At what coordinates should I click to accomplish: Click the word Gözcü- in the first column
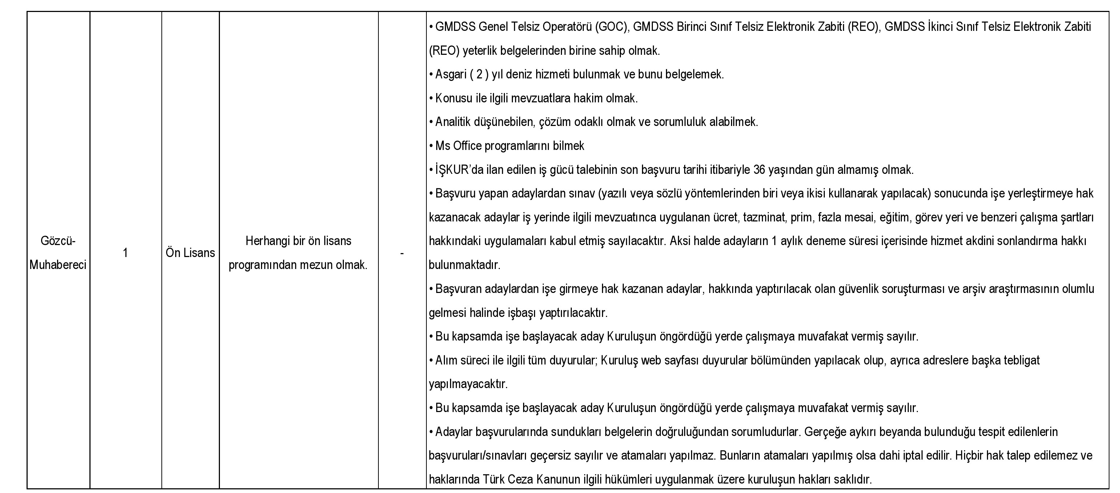pyautogui.click(x=58, y=241)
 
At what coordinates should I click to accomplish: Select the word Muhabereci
pyautogui.click(x=58, y=265)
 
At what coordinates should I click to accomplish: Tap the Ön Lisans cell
pyautogui.click(x=190, y=253)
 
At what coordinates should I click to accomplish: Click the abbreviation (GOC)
pyautogui.click(x=612, y=27)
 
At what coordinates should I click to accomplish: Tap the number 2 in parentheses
pyautogui.click(x=479, y=75)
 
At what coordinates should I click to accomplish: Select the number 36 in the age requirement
pyautogui.click(x=759, y=170)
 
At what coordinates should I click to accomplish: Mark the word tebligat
pyautogui.click(x=1022, y=360)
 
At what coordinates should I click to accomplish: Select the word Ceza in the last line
pyautogui.click(x=520, y=480)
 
